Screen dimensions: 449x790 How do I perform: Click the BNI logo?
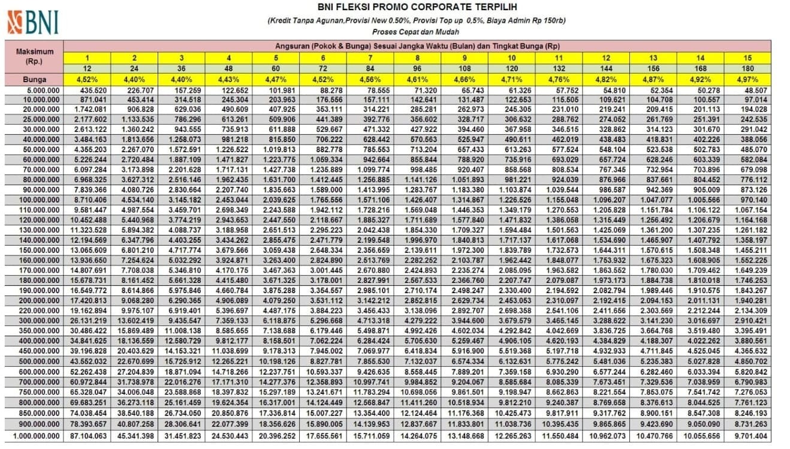tap(33, 22)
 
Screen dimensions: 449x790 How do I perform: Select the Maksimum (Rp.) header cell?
tap(34, 56)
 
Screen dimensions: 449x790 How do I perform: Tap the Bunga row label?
tap(34, 79)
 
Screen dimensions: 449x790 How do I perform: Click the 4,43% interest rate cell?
tap(228, 79)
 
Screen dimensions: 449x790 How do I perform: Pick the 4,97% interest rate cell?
tap(747, 79)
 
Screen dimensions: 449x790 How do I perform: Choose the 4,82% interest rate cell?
tap(606, 79)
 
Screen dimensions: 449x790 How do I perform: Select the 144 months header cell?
tap(606, 68)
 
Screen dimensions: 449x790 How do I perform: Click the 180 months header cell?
tap(747, 68)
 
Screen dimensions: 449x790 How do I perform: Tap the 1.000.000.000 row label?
tap(34, 436)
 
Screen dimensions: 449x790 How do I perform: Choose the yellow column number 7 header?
tap(370, 58)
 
